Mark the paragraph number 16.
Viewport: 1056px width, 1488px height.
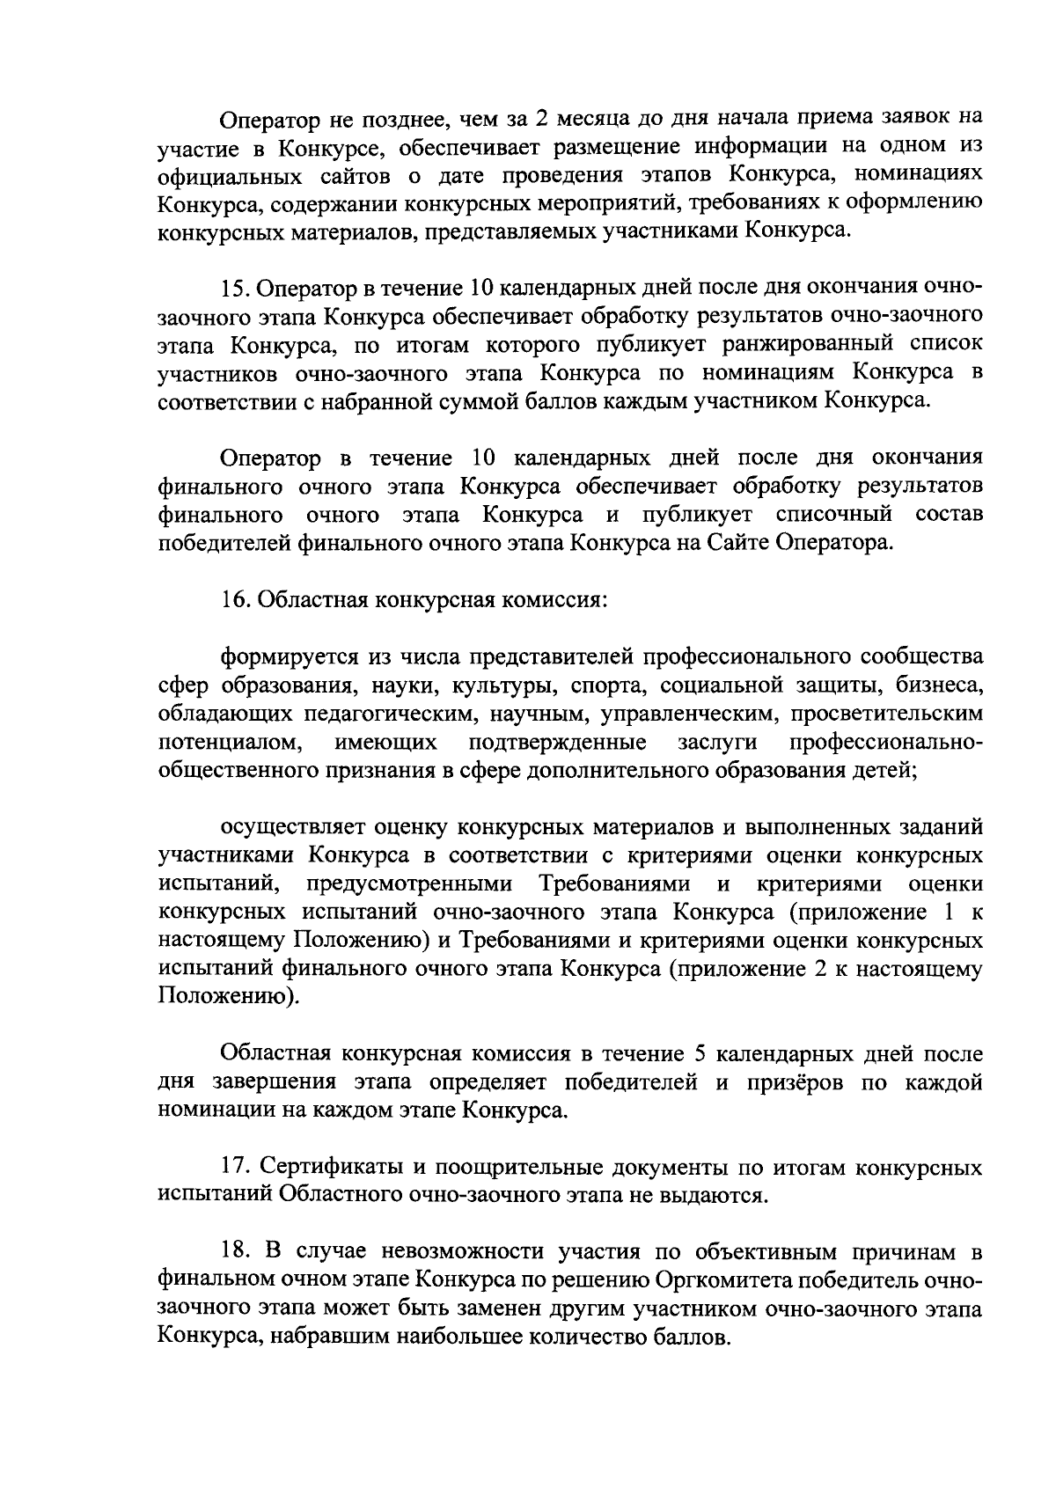tap(235, 600)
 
